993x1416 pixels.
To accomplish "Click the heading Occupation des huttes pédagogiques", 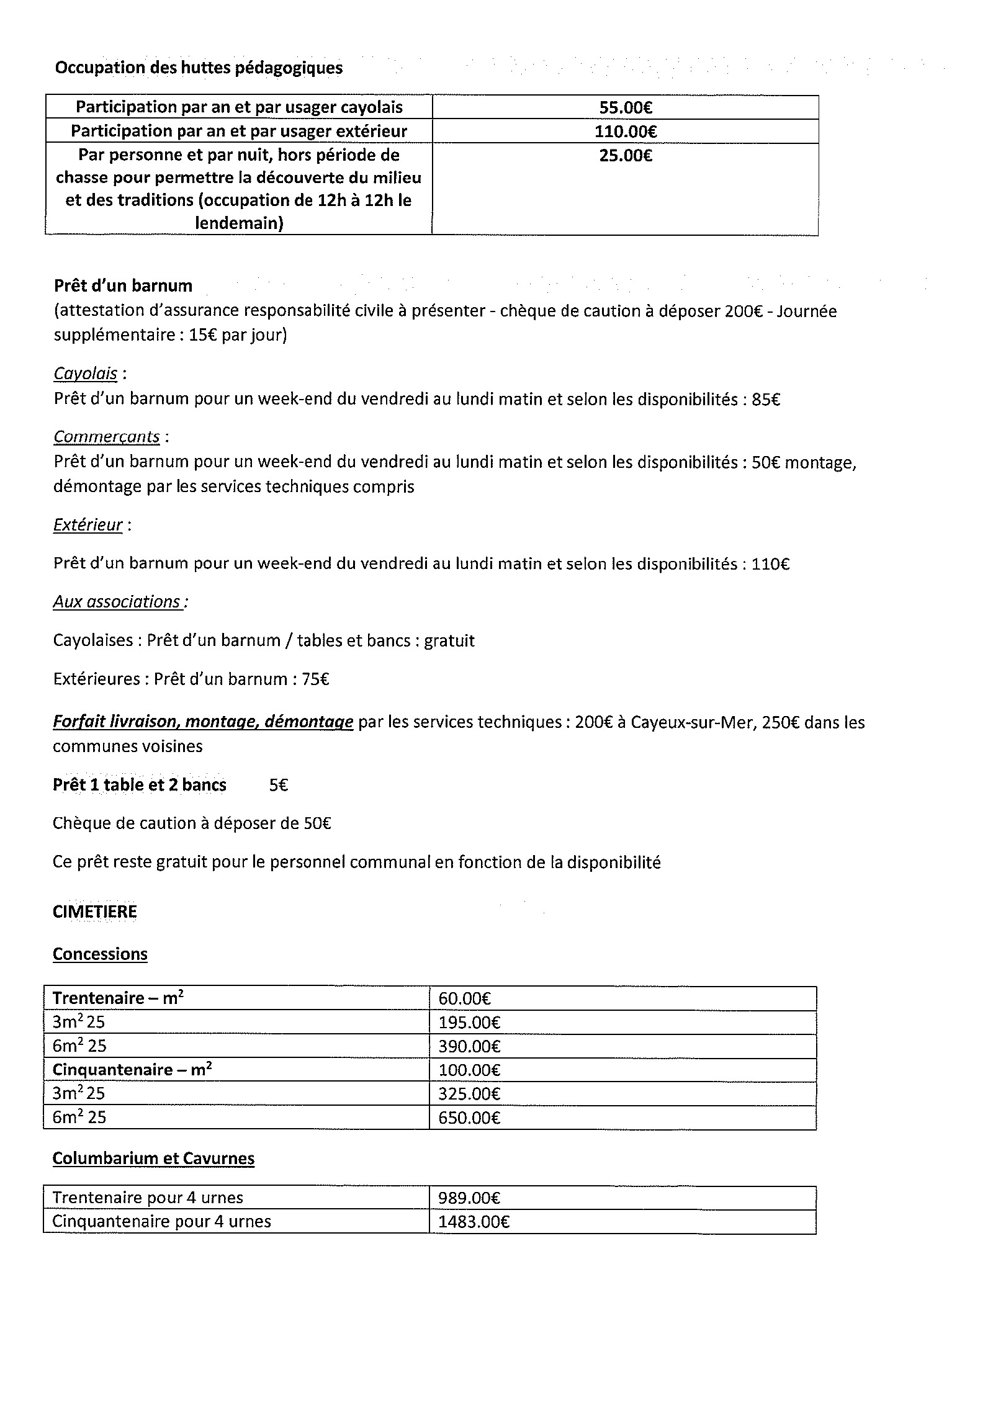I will pos(199,68).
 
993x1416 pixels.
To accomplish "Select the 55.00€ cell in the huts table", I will pos(625,108).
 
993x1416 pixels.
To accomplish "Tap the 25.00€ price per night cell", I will pos(625,156).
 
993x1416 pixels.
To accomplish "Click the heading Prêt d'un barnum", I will pos(123,286).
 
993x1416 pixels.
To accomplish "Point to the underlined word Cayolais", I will pos(86,374).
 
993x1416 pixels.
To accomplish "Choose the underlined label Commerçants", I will pos(107,437).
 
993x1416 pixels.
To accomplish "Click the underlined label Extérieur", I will pos(88,525).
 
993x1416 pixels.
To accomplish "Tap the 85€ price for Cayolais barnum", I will pos(766,400).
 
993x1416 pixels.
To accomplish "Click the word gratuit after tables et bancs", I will pos(449,640).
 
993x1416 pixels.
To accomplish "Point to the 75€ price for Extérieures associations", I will pos(315,679).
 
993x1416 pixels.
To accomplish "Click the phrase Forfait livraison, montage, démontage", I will pos(203,722).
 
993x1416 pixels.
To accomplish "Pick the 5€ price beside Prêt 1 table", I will pos(279,786).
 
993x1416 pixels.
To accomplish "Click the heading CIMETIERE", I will pos(95,912).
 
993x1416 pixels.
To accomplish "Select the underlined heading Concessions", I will pos(100,954).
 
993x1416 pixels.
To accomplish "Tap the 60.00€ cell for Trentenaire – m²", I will pos(465,999).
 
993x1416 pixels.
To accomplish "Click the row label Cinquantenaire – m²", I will pos(132,1070).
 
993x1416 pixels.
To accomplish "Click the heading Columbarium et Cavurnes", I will pos(153,1158).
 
